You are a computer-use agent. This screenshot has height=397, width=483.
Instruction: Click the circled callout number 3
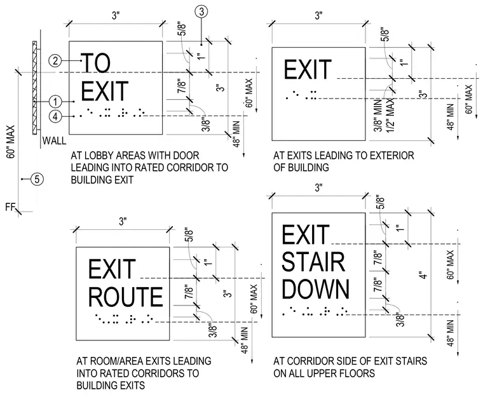point(201,11)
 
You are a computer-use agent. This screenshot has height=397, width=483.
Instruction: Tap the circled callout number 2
point(55,60)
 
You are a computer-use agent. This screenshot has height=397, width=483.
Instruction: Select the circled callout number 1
point(55,102)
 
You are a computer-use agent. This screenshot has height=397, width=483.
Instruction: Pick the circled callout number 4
point(55,116)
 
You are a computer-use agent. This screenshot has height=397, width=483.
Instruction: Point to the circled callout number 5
point(37,179)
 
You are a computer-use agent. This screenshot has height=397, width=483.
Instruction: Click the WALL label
point(54,141)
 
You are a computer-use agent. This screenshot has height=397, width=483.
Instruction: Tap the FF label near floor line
point(10,207)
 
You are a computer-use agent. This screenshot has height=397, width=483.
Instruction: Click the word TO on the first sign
point(95,63)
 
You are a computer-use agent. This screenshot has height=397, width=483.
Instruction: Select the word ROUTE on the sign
point(126,297)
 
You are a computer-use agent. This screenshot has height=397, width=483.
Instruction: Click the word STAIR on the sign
point(313,262)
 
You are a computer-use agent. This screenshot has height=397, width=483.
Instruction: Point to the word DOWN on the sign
point(316,289)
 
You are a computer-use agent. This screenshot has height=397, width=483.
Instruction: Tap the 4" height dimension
point(424,275)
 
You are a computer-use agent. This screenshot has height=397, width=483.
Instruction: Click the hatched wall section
point(34,88)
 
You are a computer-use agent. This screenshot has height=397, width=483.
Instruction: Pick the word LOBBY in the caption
point(102,155)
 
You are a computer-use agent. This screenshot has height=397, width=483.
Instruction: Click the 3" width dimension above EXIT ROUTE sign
point(123,221)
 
